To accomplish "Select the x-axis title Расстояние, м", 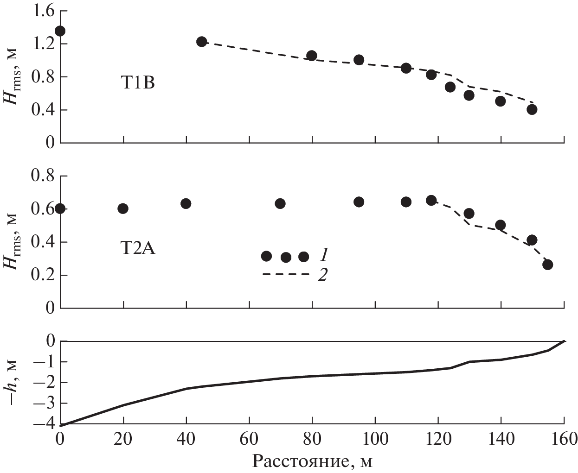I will tap(313, 461).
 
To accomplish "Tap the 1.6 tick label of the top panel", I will tap(42, 11).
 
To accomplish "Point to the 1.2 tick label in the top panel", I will tap(42, 44).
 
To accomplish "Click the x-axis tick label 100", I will tap(375, 438).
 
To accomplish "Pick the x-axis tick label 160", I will tap(563, 438).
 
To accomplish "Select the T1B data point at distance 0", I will tap(60, 31).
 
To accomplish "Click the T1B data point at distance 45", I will tap(201, 42).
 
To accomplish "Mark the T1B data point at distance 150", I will tap(532, 109).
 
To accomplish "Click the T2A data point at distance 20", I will tap(123, 208).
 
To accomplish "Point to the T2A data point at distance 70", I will tap(280, 203).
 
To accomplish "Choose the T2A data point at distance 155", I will tap(548, 265).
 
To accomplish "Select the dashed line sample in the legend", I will tap(285, 275).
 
